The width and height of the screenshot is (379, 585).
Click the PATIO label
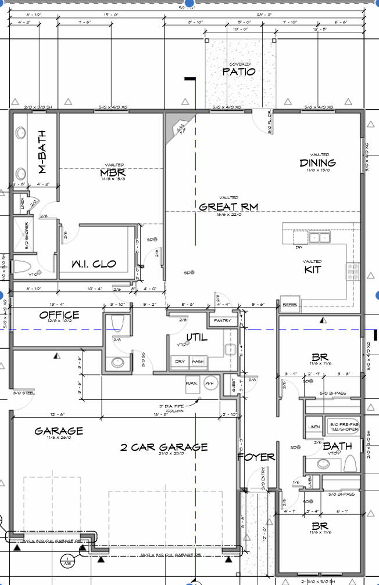[x=239, y=72]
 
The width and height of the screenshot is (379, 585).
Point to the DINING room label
[x=317, y=163]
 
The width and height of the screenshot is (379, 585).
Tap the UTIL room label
[x=196, y=337]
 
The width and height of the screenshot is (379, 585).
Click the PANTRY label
[x=222, y=320]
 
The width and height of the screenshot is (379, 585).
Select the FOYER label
[x=256, y=457]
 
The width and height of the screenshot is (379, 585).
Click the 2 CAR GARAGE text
[x=164, y=447]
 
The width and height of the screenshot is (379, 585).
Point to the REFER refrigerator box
[x=289, y=304]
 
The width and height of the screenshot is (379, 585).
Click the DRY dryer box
[x=180, y=362]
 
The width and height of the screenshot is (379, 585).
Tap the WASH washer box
[x=198, y=362]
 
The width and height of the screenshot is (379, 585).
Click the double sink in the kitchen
[x=319, y=237]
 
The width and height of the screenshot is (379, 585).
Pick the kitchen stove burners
[x=353, y=270]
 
